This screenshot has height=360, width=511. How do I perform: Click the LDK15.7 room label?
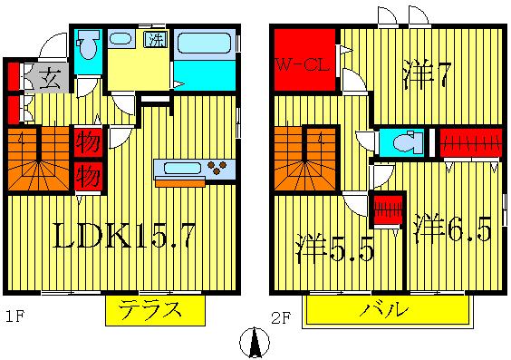tap(123, 238)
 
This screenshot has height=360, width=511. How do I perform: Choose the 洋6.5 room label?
tap(452, 228)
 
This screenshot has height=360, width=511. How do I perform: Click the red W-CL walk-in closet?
tap(304, 63)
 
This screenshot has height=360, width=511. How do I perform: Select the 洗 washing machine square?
tap(156, 40)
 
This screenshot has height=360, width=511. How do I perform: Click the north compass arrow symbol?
tap(255, 343)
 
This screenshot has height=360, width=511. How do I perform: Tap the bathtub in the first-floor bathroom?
tap(203, 44)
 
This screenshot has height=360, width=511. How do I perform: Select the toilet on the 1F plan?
tap(88, 50)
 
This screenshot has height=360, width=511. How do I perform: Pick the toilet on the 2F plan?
tap(402, 142)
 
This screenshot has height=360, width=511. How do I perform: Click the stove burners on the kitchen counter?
tap(218, 167)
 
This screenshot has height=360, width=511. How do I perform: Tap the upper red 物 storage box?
tap(87, 141)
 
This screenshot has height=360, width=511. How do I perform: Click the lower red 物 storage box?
tap(87, 173)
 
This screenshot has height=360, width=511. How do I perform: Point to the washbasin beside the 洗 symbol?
tap(121, 40)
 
